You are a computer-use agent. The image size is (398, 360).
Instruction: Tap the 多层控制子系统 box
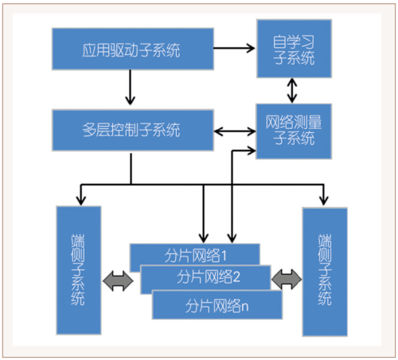point(131,130)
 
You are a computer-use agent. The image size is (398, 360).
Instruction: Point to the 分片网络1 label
point(195,256)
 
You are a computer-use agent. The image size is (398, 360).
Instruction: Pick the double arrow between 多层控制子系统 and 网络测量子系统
point(234,130)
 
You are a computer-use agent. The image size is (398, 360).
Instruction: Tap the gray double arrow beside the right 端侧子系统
point(287,279)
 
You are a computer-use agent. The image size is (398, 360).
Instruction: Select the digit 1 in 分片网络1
point(224,256)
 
